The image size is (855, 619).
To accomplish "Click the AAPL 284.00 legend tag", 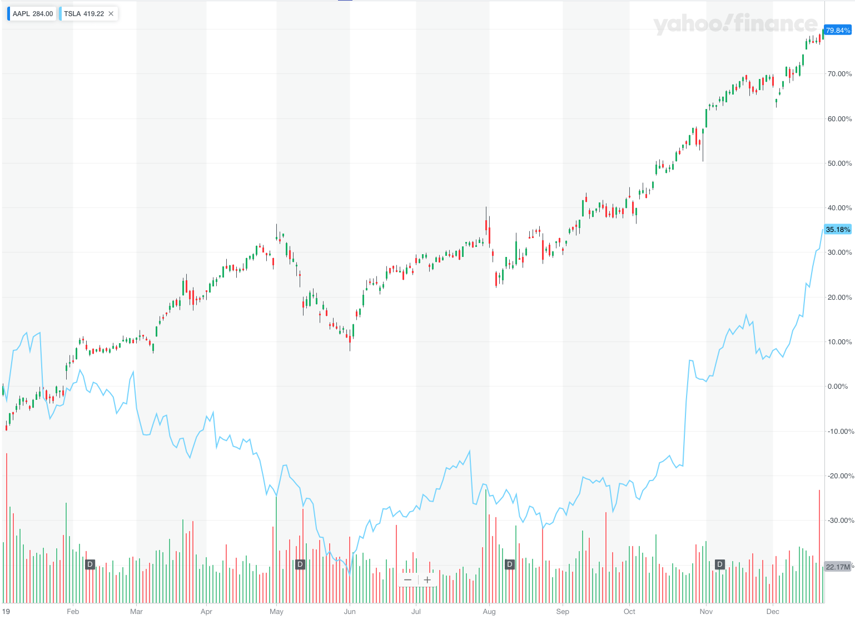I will (32, 14).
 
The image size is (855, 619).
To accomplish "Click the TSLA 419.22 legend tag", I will (83, 14).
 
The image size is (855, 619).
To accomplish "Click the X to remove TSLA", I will (111, 14).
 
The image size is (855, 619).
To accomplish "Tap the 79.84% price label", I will (838, 31).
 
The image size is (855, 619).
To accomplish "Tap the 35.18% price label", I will (838, 230).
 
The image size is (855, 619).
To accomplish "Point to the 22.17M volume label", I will (838, 567).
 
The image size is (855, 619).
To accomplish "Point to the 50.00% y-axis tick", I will (839, 164).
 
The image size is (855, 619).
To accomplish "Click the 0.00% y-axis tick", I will (838, 387).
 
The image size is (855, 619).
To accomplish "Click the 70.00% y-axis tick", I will (839, 74).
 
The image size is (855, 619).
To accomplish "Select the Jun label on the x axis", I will (350, 612).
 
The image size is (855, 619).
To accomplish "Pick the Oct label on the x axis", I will (629, 612).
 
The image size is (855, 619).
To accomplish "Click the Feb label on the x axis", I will (73, 612).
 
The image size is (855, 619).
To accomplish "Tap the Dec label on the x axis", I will (773, 612).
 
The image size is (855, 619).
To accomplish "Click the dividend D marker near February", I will (90, 564).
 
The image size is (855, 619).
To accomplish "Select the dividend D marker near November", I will (720, 564).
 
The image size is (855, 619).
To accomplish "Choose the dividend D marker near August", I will (509, 564).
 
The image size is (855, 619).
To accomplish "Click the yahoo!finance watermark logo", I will (735, 24).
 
